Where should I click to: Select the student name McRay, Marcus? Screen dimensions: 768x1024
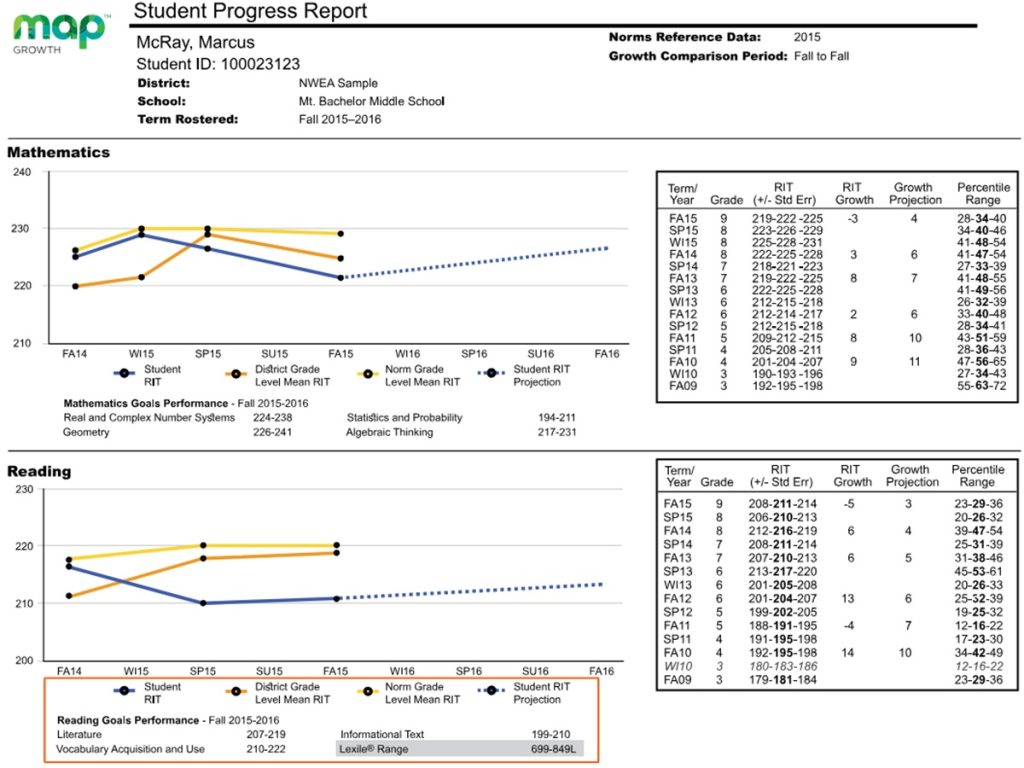pos(195,43)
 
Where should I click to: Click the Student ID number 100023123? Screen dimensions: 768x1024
pos(260,64)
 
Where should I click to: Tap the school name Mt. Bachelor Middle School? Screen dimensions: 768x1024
pos(371,101)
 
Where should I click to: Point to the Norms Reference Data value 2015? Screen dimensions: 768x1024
pos(807,37)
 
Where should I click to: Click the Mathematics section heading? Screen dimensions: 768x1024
pos(58,153)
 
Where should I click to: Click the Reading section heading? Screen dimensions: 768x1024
pos(39,471)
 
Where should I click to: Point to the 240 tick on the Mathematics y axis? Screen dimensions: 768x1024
pos(22,172)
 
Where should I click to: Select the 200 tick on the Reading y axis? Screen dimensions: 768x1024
pos(22,660)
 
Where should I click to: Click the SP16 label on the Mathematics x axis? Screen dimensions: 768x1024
pos(473,354)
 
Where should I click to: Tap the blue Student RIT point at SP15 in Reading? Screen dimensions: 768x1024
pos(204,603)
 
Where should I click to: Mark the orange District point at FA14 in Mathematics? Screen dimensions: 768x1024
pos(75,286)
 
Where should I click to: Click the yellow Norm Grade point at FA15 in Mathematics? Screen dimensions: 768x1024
pos(340,234)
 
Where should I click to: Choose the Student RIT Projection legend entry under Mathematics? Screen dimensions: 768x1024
pos(537,375)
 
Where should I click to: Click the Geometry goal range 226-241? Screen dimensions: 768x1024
pos(271,433)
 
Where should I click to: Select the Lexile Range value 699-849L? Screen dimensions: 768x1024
pos(556,748)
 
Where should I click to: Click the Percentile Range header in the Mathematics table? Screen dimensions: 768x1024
pos(983,193)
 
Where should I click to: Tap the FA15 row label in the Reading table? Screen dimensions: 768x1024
pos(680,503)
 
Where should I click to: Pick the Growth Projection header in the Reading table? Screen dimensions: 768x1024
pos(912,475)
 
